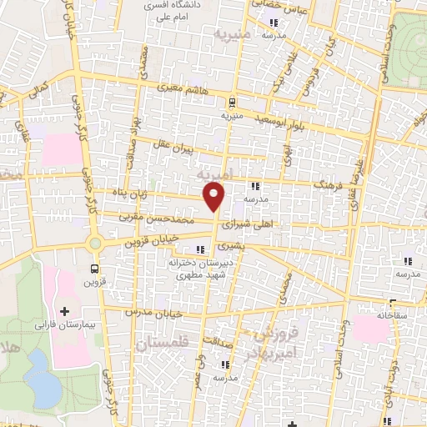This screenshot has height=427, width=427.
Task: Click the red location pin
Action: pyautogui.click(x=215, y=198)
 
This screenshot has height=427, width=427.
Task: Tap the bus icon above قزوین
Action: pyautogui.click(x=94, y=269)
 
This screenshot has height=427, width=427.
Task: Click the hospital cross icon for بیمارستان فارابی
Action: pyautogui.click(x=65, y=311)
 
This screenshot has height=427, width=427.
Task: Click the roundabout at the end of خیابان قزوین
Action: pyautogui.click(x=95, y=244)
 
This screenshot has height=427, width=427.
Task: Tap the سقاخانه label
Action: pyautogui.click(x=373, y=315)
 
